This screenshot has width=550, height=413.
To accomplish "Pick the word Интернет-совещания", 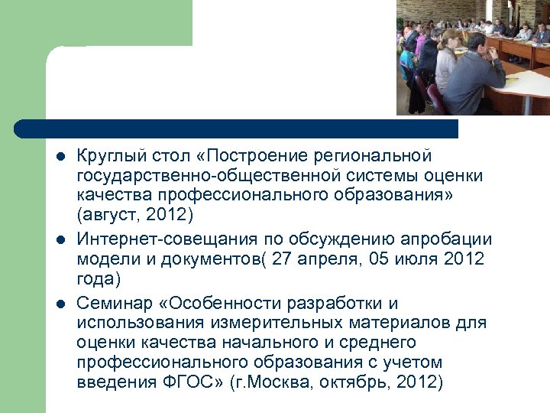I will click(151, 239).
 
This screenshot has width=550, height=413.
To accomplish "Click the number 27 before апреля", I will click(282, 259).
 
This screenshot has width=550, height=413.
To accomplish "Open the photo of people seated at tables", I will click(473, 57).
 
